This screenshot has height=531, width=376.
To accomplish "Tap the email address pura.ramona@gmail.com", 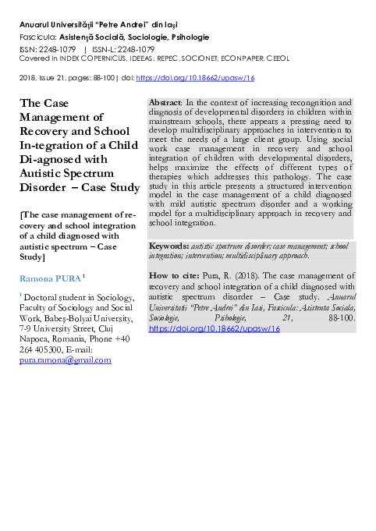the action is point(65,360).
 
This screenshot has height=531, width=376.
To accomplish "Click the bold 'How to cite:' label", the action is point(174,276).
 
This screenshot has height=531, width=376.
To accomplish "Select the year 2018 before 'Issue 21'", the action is point(27,79).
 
